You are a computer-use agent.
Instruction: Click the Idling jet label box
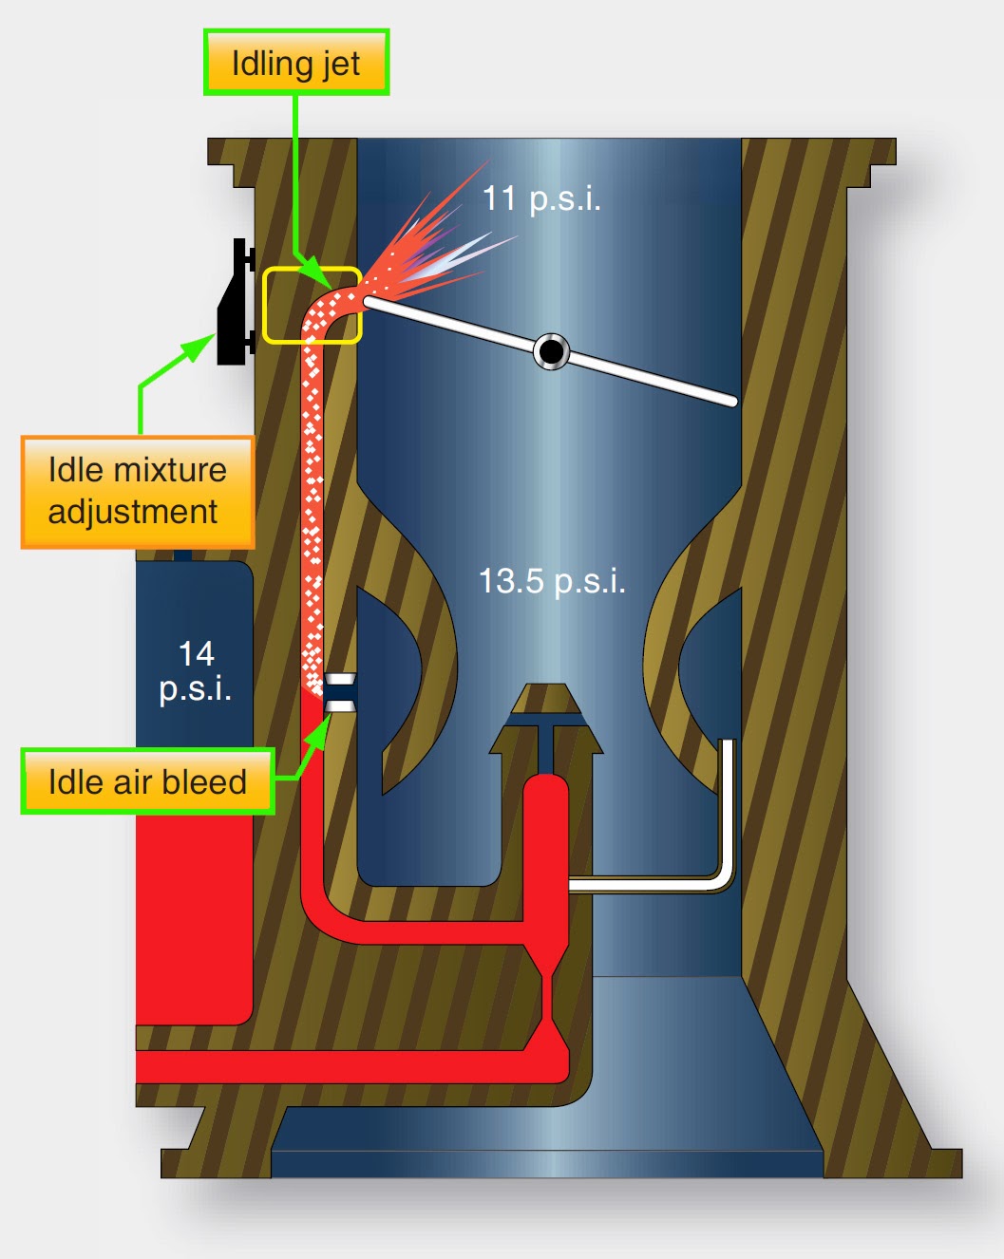296,63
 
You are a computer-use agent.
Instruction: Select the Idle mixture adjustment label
138,492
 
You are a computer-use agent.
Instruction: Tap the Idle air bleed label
147,781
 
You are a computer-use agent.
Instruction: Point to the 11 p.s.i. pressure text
541,198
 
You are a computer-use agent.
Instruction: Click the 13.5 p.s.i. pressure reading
552,580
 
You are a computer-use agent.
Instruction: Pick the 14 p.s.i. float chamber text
196,670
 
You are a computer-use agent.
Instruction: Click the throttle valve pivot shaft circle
551,351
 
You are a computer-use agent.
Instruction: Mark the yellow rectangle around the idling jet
312,305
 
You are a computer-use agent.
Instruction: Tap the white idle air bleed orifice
340,692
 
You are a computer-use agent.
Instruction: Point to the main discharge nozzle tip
546,699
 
